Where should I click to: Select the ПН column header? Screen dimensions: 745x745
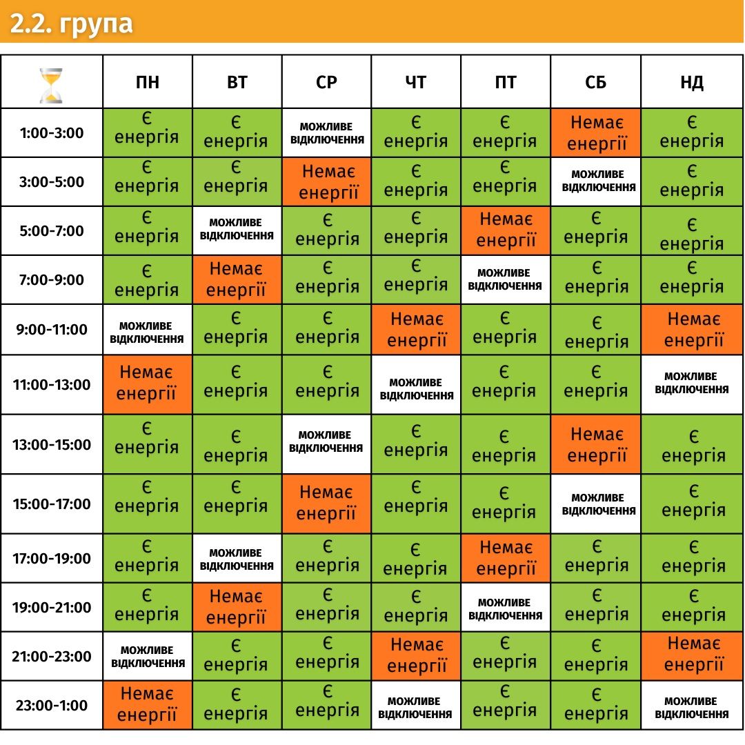click(x=147, y=83)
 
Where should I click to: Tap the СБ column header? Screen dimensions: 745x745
click(x=595, y=83)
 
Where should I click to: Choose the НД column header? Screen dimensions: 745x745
click(x=692, y=83)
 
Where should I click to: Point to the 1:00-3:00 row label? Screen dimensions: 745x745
click(x=52, y=133)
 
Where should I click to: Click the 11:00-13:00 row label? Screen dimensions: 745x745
click(x=52, y=384)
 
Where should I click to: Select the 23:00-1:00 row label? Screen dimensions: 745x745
click(x=52, y=705)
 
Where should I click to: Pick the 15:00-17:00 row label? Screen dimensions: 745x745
click(x=52, y=504)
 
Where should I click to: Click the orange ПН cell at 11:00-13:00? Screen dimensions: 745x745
click(x=147, y=384)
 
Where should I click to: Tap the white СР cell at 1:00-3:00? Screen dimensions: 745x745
click(x=326, y=133)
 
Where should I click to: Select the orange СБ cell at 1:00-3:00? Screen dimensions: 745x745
click(x=595, y=133)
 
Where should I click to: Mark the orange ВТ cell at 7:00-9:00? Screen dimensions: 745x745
click(x=237, y=280)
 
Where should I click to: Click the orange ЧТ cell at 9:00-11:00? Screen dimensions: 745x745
click(x=416, y=330)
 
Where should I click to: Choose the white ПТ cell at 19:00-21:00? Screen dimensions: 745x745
click(x=506, y=608)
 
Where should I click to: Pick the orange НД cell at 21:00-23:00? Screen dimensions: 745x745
click(x=692, y=656)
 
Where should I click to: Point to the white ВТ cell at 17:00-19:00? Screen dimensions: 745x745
click(x=237, y=559)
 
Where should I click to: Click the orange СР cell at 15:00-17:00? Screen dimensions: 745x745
click(x=326, y=504)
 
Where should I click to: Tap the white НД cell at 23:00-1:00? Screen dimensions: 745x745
click(x=692, y=705)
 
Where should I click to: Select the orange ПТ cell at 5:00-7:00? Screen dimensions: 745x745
click(x=506, y=231)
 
